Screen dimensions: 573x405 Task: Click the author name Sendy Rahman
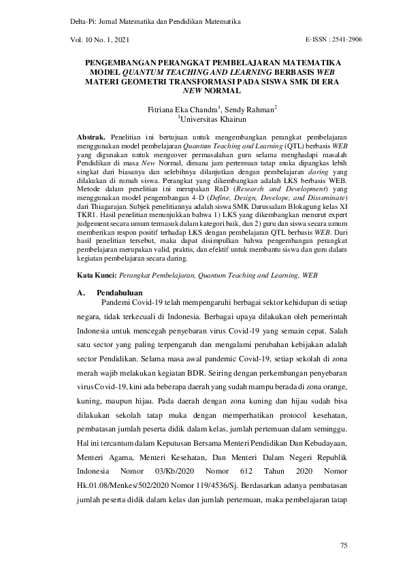254,108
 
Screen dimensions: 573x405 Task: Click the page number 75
344,545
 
